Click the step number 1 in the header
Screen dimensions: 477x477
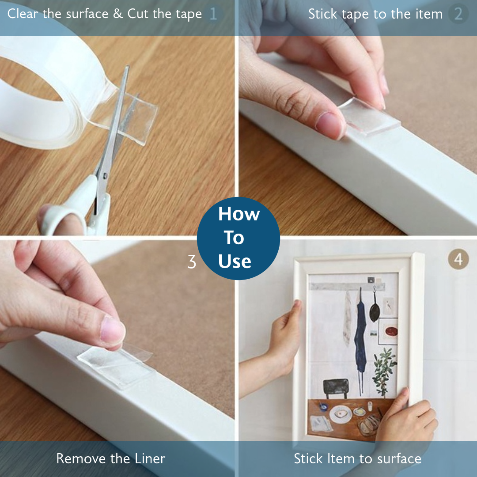(x=214, y=14)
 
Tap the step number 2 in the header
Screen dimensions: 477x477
(x=458, y=14)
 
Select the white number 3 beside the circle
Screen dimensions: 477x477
(x=192, y=261)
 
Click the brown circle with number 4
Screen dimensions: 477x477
(x=458, y=259)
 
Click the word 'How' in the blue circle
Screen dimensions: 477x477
(x=239, y=214)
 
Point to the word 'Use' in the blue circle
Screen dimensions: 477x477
(x=235, y=261)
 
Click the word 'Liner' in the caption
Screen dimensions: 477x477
(x=150, y=459)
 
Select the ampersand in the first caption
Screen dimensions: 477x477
(x=118, y=14)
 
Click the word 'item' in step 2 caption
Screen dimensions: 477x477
(x=429, y=14)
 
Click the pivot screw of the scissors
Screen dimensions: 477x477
(x=105, y=175)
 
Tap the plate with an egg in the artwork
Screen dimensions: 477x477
(x=341, y=414)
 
